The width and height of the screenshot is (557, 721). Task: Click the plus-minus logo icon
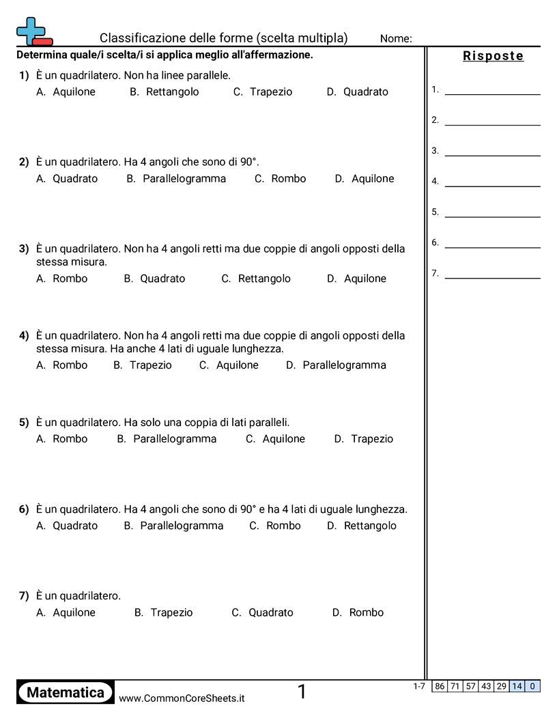point(33,31)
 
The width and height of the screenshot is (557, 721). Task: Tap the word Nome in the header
point(396,38)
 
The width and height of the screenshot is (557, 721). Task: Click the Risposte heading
point(493,56)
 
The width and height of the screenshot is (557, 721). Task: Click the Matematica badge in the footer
point(66,692)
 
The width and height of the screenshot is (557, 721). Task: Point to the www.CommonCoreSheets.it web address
point(182,698)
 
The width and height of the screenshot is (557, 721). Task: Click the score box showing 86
point(440,686)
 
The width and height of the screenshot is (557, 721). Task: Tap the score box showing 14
point(517,686)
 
